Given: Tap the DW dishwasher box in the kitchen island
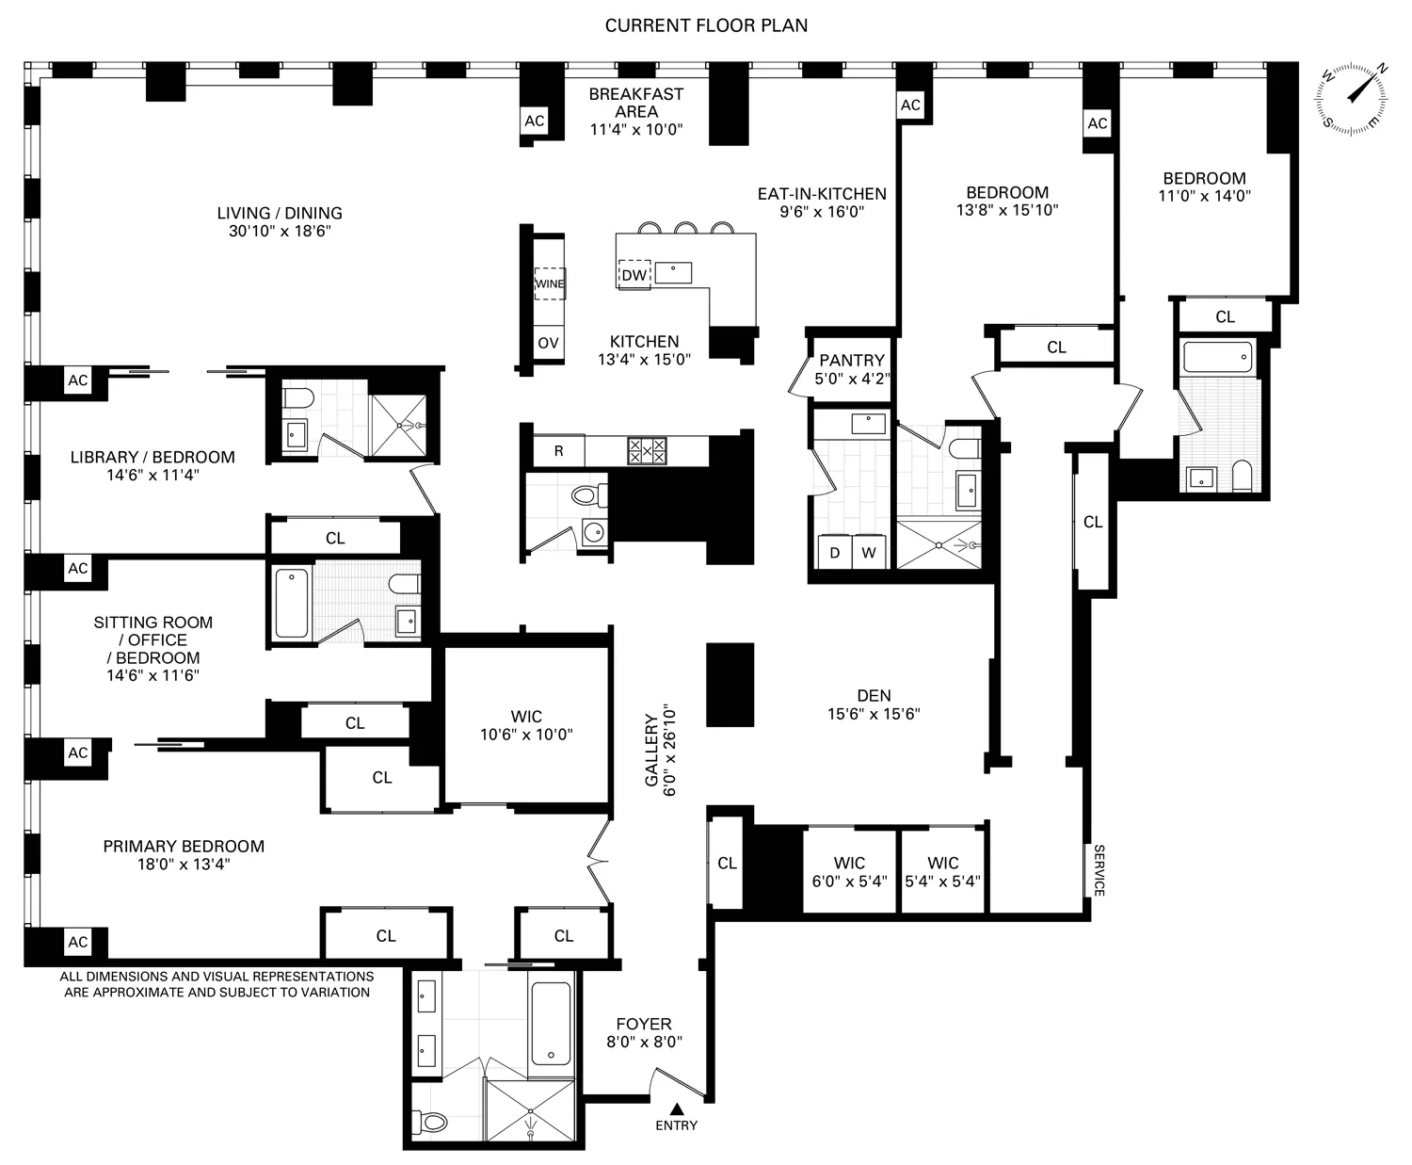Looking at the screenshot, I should pos(634,274).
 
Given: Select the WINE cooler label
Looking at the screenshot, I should pos(550,283).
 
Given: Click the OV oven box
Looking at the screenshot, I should pos(548,343).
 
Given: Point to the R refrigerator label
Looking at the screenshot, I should pos(558,451).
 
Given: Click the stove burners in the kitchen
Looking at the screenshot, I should pos(647,451).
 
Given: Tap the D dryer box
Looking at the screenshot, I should pos(834,553).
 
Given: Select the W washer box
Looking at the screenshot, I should pos(869,553).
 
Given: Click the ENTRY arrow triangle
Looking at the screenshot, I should pos(676,1109).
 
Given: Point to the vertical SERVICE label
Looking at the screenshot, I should pos(1098,870).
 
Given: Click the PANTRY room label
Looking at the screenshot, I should pos(851,360).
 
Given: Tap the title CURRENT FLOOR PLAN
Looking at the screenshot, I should pos(706,25).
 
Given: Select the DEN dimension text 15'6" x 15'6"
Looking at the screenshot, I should pos(874,714).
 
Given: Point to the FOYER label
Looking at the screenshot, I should pos(644,1024).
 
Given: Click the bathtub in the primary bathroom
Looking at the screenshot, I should pos(551,1022).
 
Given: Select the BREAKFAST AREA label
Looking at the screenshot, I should pos(635,103).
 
